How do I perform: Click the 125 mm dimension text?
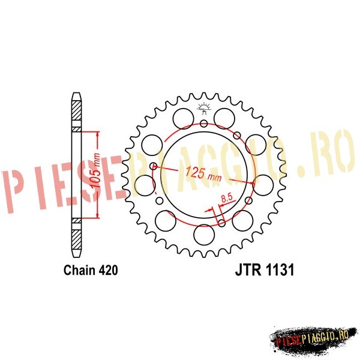point(203,173)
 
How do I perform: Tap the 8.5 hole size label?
point(227,198)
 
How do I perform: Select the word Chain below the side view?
point(80,270)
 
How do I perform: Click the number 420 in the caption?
point(109,270)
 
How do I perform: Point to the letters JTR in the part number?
point(248,269)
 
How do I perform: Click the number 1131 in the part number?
point(280,269)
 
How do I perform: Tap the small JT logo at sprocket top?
point(203,109)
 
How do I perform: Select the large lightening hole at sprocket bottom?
point(204,235)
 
